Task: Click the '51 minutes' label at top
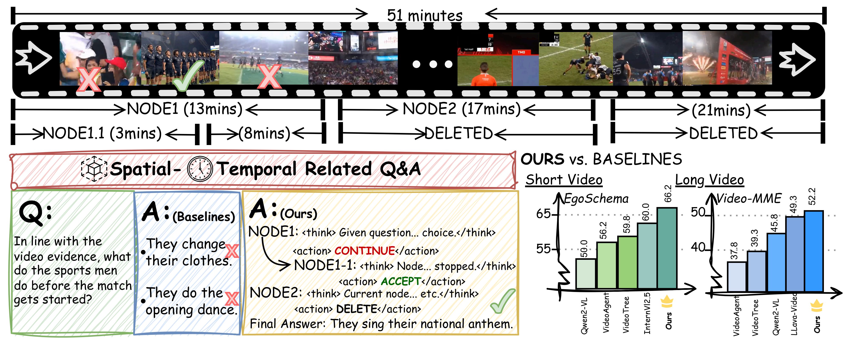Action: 425,15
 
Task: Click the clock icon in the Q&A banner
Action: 200,169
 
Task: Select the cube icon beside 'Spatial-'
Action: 94,169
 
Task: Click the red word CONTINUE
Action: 364,251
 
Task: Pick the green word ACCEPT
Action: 401,281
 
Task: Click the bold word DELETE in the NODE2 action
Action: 357,309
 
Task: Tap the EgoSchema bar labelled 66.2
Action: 667,248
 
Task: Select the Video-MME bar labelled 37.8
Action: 736,277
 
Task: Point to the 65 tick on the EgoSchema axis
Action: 544,214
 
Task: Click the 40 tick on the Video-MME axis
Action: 698,247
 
